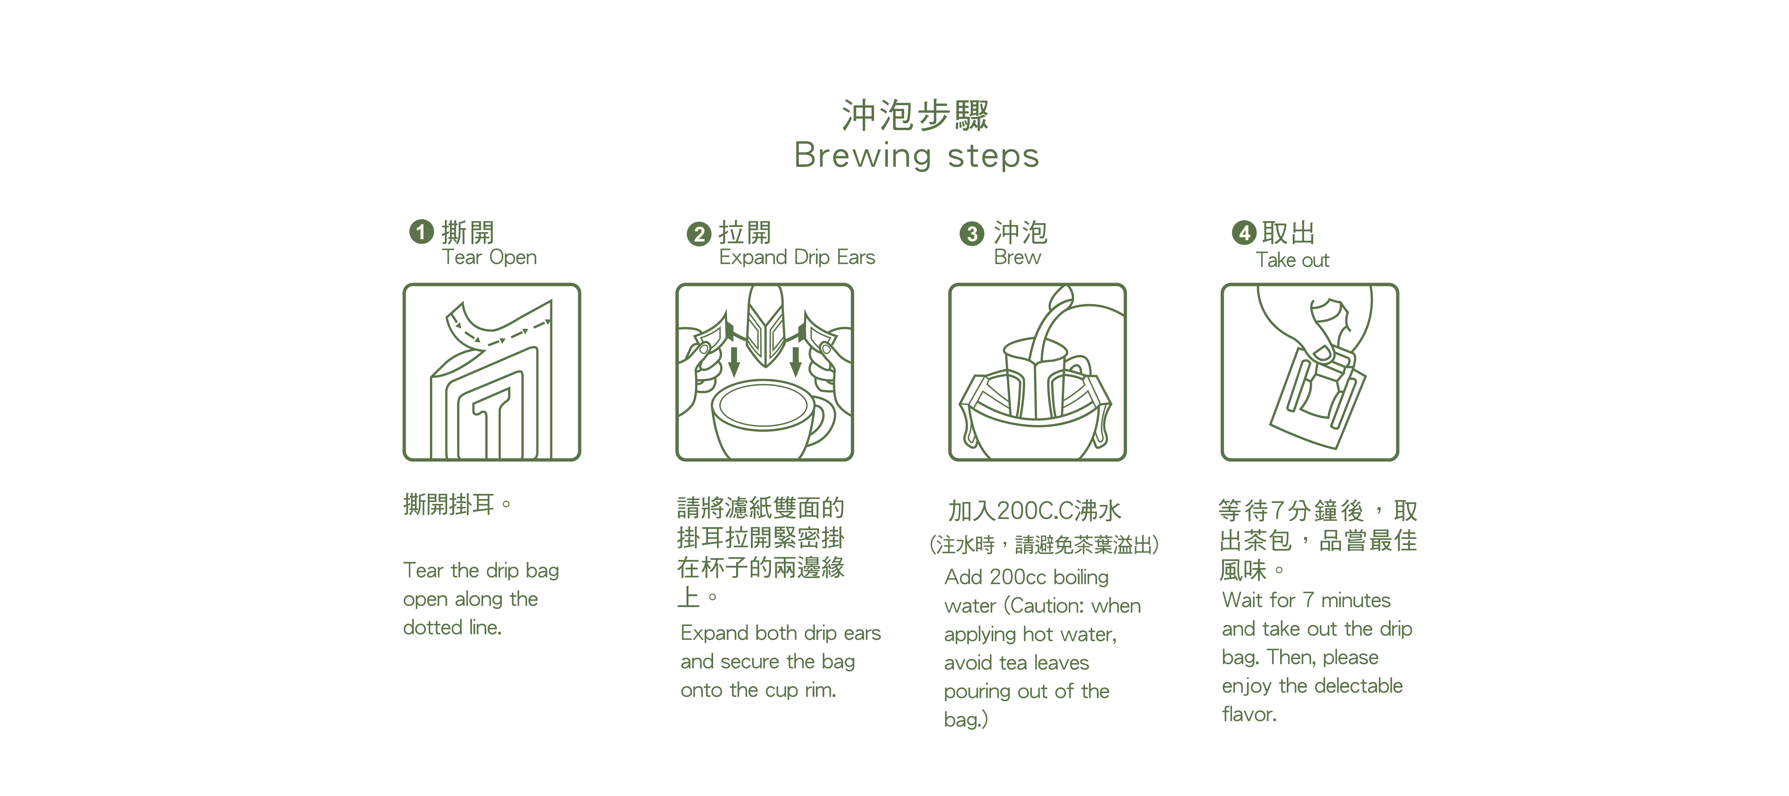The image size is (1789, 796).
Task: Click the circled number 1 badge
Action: (421, 231)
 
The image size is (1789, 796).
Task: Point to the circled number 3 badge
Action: (971, 234)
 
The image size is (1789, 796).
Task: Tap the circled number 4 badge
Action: (1244, 232)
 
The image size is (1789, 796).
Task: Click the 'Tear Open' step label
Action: (489, 257)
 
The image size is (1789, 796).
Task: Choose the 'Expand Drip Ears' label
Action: (796, 257)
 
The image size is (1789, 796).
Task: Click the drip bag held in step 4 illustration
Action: (1316, 396)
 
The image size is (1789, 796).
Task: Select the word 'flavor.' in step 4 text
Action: (1249, 714)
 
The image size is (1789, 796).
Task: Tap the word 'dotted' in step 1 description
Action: (432, 627)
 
